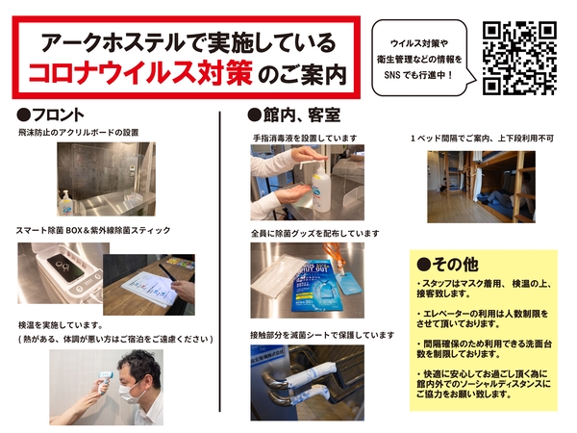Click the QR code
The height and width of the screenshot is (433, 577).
click(x=519, y=59)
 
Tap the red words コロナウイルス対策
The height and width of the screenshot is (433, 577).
click(x=140, y=71)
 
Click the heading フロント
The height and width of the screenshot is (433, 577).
click(x=50, y=115)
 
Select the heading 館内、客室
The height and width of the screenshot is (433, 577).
click(x=294, y=115)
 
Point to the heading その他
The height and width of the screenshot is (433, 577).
click(x=448, y=264)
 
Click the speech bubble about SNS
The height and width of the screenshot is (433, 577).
click(x=423, y=58)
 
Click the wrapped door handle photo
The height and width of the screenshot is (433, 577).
click(x=308, y=383)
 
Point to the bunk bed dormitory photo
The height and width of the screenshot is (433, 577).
click(x=482, y=187)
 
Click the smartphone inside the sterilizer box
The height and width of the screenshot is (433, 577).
click(x=71, y=266)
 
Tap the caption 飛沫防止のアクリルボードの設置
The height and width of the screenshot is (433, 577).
click(x=79, y=133)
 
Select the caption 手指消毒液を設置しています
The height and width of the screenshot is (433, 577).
click(x=305, y=139)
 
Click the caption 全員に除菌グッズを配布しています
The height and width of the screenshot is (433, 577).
click(x=315, y=234)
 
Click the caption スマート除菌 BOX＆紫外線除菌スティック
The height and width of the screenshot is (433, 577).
click(x=93, y=231)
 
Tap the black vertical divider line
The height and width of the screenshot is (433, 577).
click(x=220, y=262)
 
